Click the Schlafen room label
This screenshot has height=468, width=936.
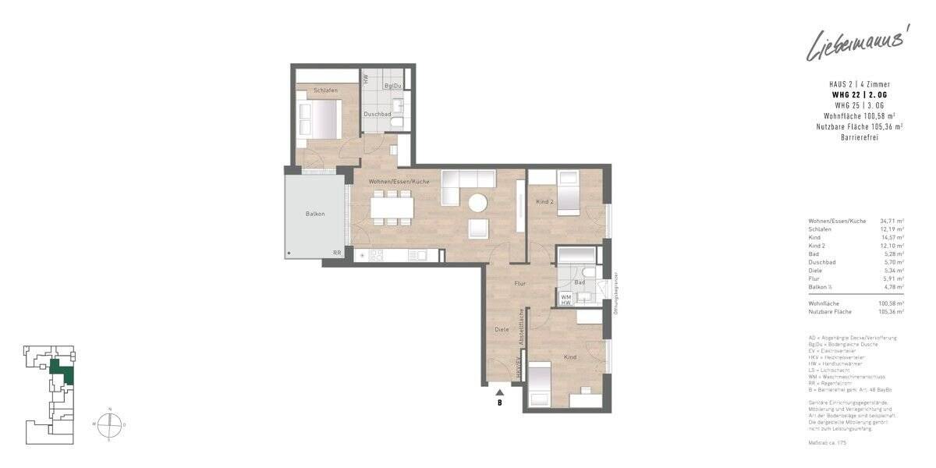325,91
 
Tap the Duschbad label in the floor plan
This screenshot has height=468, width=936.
377,114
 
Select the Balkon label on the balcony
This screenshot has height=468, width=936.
315,214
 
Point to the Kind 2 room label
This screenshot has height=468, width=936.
544,203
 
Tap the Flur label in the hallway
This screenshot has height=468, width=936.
520,284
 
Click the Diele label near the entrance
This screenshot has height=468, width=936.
502,329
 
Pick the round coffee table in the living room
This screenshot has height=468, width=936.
477,203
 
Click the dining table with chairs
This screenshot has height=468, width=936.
392,208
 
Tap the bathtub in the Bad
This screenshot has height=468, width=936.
577,254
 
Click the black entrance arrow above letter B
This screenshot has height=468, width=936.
499,392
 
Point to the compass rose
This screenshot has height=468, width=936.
109,425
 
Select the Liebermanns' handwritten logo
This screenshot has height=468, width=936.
854,45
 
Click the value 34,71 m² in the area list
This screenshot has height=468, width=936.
892,222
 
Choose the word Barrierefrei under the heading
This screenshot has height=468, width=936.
860,137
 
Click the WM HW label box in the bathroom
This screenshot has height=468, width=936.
566,299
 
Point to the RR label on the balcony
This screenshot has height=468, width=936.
337,253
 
